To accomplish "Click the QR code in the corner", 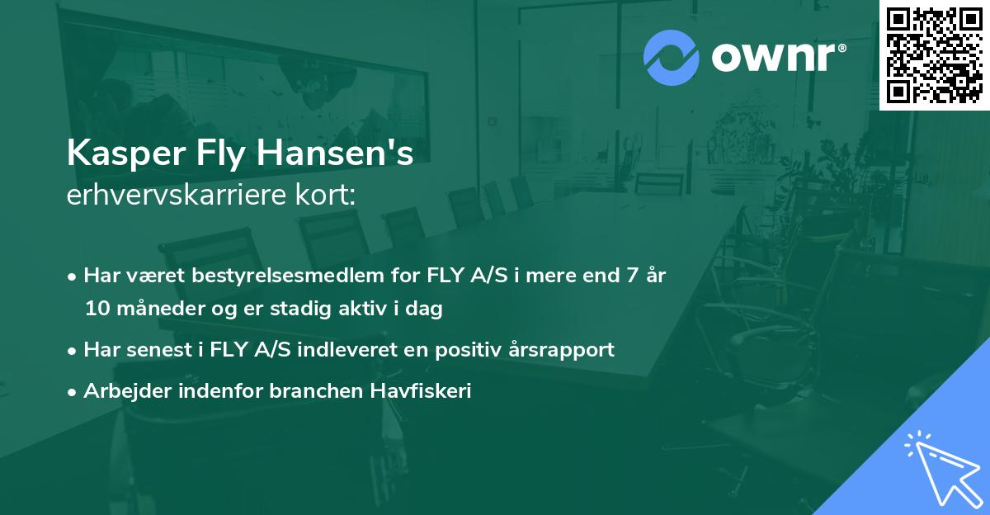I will pos(934,54).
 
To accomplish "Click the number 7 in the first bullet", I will pos(632,276).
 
